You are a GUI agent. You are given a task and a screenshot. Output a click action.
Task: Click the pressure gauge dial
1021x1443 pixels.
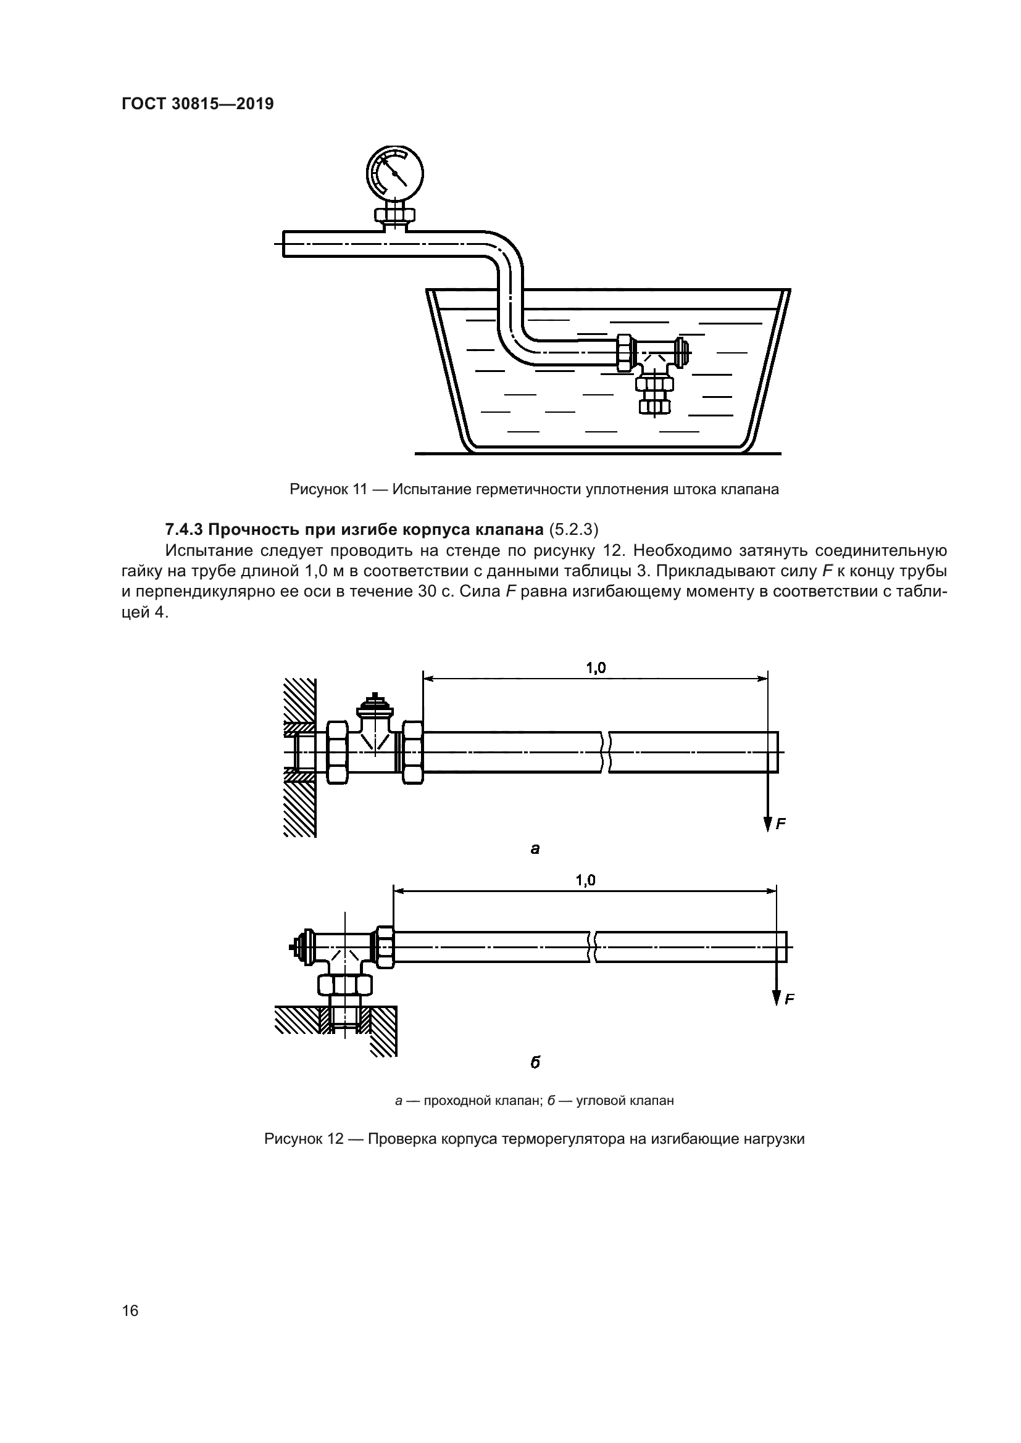(395, 173)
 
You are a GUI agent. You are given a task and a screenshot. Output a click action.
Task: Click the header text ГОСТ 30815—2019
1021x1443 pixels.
(198, 104)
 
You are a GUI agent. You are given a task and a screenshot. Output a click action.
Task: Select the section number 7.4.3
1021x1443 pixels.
(183, 530)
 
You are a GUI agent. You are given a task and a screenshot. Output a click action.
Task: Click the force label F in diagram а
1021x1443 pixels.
(781, 824)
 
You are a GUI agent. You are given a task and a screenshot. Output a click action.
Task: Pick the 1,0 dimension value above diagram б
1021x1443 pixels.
(585, 880)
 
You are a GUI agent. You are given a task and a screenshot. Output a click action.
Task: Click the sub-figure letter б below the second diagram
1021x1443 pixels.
(535, 1062)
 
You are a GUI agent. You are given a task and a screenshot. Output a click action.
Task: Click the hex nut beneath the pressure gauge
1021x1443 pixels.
(395, 215)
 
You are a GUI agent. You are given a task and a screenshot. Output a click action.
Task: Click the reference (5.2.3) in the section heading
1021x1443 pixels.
(573, 530)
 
